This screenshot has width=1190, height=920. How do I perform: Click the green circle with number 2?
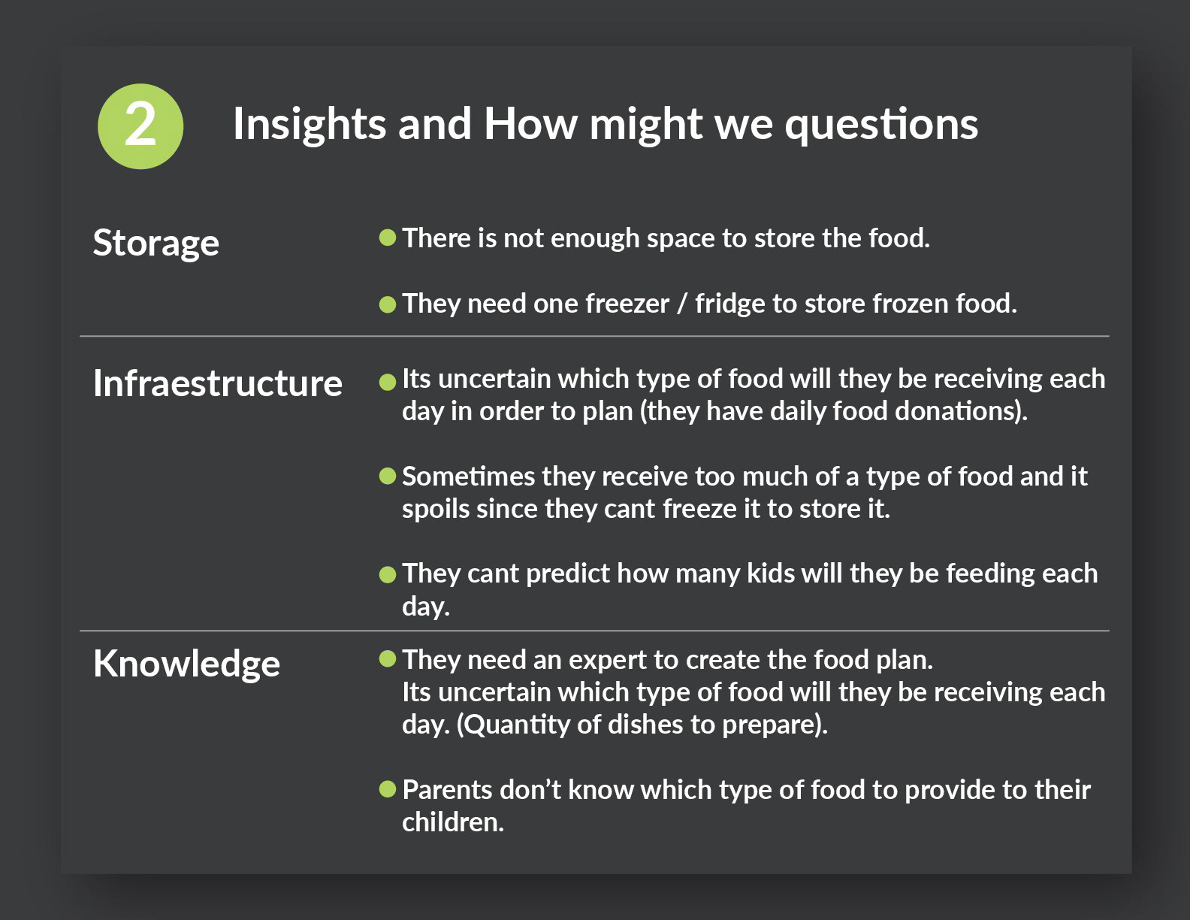140,126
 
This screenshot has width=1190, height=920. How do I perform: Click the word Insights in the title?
310,124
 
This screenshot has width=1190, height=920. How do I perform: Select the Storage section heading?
156,244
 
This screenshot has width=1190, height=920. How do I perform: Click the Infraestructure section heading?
217,383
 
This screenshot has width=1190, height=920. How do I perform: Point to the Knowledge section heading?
187,664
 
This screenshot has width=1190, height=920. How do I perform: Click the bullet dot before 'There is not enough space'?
387,238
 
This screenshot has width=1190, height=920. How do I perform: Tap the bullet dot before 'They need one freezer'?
387,304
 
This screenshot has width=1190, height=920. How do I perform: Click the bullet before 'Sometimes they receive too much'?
387,477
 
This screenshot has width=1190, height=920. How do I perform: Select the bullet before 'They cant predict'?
387,575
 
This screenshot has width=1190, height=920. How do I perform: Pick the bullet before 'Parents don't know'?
387,789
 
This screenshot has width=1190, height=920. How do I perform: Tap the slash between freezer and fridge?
682,304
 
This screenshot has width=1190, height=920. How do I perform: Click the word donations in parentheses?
956,411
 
